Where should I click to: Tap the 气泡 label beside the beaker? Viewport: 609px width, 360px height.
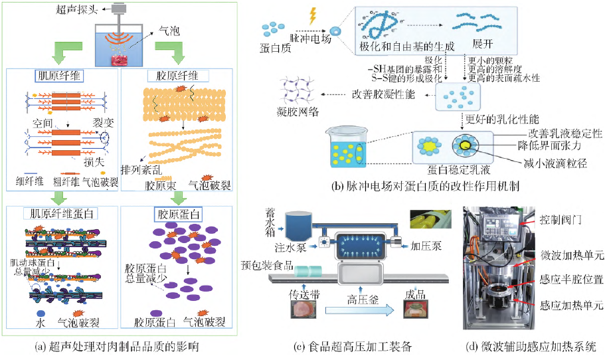[x=169, y=31]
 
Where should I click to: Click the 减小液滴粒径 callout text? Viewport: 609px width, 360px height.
[x=554, y=161]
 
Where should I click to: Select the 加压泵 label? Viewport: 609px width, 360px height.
[x=423, y=245]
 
